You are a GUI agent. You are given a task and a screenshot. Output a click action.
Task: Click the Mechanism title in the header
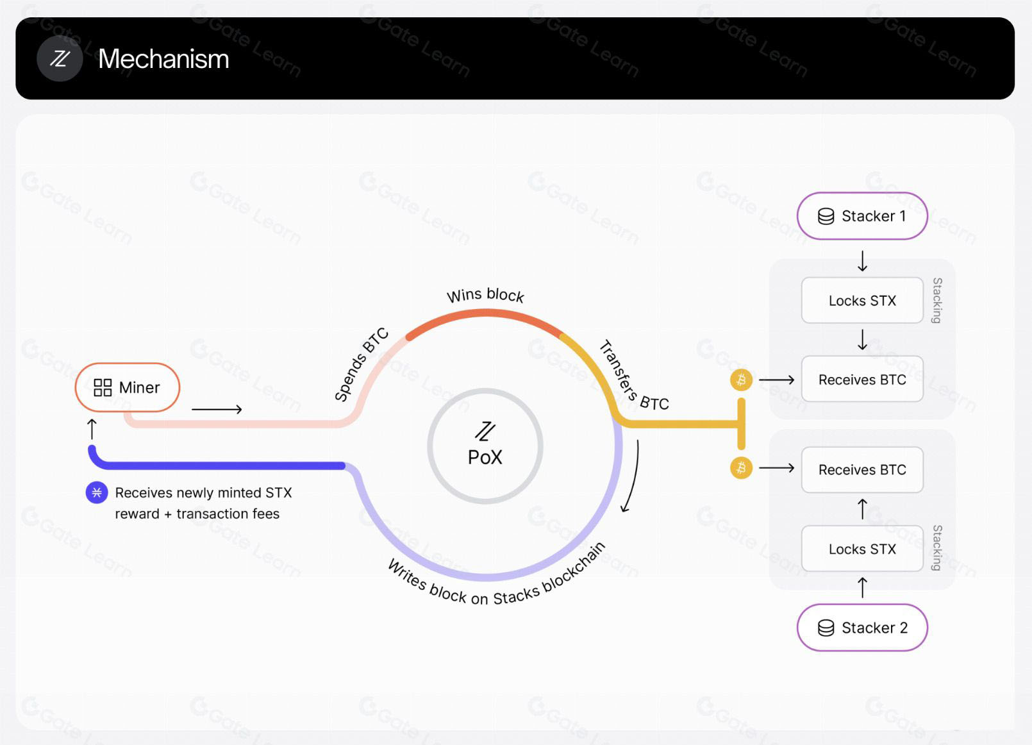(x=163, y=59)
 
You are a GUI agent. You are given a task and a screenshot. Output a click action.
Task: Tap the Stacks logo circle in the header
(x=60, y=58)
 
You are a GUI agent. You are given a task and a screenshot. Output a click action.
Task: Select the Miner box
(x=127, y=387)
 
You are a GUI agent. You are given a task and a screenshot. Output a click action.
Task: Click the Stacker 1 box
(x=862, y=216)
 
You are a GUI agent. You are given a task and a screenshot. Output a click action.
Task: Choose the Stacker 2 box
(x=862, y=628)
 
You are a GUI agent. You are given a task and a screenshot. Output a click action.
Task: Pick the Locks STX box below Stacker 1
(x=862, y=301)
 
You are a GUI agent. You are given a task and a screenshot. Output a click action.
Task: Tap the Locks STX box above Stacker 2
(x=862, y=549)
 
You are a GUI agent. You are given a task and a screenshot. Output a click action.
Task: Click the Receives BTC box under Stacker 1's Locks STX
(x=862, y=379)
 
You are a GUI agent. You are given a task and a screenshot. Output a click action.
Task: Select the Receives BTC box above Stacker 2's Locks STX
(x=862, y=469)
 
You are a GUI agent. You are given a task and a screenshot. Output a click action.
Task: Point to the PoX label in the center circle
(x=485, y=457)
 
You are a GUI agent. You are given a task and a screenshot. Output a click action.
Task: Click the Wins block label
(x=485, y=296)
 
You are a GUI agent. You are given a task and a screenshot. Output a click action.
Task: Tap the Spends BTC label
(x=362, y=364)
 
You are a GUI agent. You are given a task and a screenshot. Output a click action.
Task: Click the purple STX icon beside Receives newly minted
(x=97, y=492)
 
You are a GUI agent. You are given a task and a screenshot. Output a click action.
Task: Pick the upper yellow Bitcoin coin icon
(x=741, y=380)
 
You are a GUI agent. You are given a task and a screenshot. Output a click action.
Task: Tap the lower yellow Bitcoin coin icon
(x=741, y=468)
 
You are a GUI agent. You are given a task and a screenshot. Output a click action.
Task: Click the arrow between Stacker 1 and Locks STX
(x=863, y=261)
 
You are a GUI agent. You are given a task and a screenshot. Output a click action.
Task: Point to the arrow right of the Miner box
(x=217, y=409)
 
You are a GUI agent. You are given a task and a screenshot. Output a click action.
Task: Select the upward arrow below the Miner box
(x=92, y=429)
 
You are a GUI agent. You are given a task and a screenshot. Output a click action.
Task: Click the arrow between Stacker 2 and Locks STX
(x=863, y=588)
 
